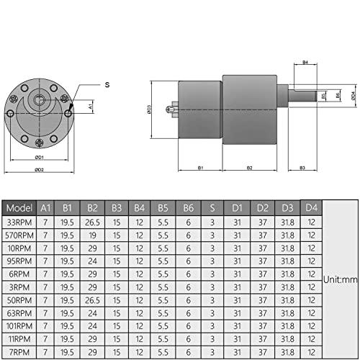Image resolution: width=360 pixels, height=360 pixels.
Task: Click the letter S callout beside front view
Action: tap(107, 85)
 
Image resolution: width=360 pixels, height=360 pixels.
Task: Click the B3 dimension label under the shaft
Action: tap(302, 168)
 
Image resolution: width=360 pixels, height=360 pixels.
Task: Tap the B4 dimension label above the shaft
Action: tap(305, 63)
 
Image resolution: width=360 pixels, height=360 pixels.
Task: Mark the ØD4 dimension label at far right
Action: tap(354, 94)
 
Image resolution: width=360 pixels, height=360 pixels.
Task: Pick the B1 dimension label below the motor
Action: tap(200, 168)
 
